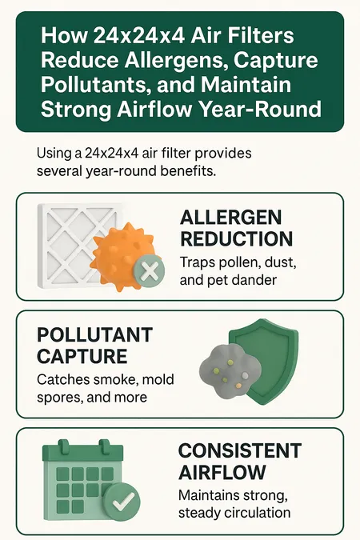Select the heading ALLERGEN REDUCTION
click(236, 228)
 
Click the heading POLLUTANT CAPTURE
click(94, 345)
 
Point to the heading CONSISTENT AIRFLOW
click(240, 462)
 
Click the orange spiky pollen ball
click(123, 257)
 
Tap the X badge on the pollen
click(149, 270)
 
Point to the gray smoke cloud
click(229, 372)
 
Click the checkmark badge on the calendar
click(122, 502)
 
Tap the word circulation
click(257, 513)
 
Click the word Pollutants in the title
click(95, 85)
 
